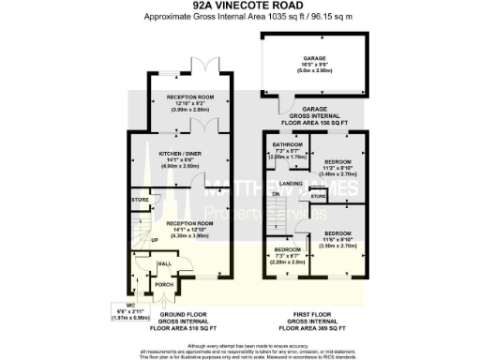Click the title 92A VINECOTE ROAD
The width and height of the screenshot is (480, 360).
click(x=239, y=6)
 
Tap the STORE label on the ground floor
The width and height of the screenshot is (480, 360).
click(x=141, y=200)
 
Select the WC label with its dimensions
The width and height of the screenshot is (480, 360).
click(x=117, y=310)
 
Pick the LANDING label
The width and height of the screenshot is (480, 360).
click(x=292, y=184)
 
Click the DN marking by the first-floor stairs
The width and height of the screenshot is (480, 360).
click(x=276, y=194)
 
